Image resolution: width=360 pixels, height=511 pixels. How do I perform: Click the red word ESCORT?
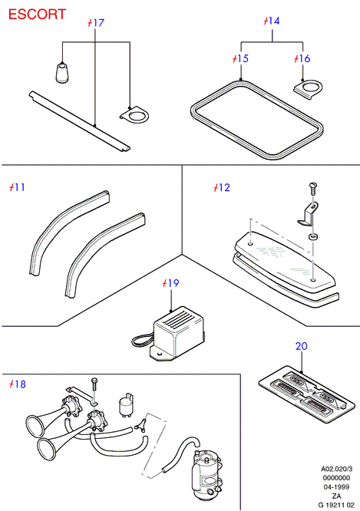[x=37, y=15]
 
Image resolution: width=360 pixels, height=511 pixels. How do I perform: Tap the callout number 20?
[x=302, y=346]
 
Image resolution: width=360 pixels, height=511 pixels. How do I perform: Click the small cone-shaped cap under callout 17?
[x=61, y=72]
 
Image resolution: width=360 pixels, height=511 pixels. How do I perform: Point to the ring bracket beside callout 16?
[x=308, y=89]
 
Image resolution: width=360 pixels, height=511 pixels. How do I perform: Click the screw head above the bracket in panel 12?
[x=312, y=186]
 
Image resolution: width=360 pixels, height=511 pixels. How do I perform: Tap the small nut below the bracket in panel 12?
[x=313, y=236]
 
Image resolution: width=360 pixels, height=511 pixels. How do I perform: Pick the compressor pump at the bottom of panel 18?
[x=206, y=474]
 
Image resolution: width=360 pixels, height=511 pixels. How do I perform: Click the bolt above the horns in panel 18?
[x=94, y=391]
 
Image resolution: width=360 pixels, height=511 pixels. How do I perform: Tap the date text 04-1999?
[x=336, y=487]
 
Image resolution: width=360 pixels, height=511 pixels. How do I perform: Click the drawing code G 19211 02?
[x=336, y=505]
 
